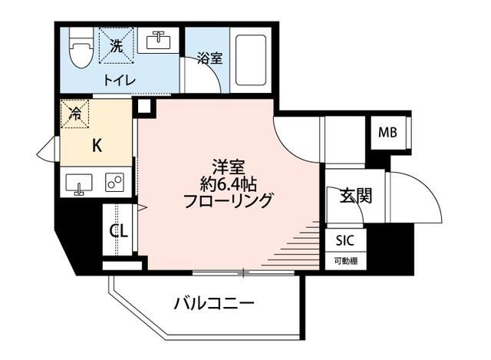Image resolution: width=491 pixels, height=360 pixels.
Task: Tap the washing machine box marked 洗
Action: pyautogui.click(x=116, y=48)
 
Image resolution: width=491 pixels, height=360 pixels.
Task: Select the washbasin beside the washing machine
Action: pyautogui.click(x=160, y=42)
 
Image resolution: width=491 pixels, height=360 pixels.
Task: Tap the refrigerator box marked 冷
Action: pyautogui.click(x=75, y=114)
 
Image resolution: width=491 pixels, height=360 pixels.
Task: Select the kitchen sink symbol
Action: pyautogui.click(x=78, y=184)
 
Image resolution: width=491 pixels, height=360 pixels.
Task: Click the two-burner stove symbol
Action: pyautogui.click(x=116, y=183)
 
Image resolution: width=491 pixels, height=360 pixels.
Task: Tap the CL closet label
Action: pyautogui.click(x=118, y=231)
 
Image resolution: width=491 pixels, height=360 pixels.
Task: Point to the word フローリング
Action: pyautogui.click(x=228, y=201)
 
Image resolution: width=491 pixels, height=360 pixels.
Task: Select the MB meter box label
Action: pyautogui.click(x=387, y=133)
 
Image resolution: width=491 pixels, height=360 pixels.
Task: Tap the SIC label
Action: pyautogui.click(x=344, y=240)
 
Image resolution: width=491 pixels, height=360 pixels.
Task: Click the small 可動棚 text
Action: pyautogui.click(x=344, y=261)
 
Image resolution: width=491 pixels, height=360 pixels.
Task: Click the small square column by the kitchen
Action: pyautogui.click(x=143, y=107)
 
